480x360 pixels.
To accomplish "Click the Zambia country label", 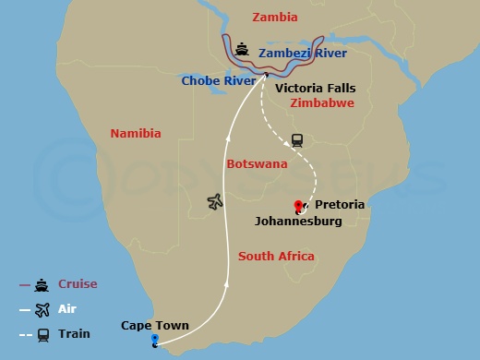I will (x=276, y=18).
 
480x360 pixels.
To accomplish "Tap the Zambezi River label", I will (x=303, y=54).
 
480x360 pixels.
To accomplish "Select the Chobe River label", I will (x=218, y=80).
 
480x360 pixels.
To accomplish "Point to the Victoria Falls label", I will (x=315, y=88).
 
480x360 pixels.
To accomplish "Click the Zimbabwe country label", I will (x=321, y=103).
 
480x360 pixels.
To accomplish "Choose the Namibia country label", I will (x=136, y=134).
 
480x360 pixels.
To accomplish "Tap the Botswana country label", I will (x=257, y=164).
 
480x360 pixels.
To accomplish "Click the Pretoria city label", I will (x=340, y=204).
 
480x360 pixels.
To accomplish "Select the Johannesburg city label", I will (x=298, y=222).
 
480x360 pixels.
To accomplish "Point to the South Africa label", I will (x=276, y=256).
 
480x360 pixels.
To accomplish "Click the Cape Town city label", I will (x=155, y=325).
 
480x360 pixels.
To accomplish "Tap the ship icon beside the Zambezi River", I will (x=242, y=49).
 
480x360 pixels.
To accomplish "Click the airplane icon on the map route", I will (x=215, y=201).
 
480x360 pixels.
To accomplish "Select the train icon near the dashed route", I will (x=297, y=140).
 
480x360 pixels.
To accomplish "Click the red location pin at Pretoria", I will (x=297, y=206).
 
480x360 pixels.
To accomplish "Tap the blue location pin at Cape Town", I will (x=154, y=341).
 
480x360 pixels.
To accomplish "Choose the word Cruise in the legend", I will (x=78, y=284).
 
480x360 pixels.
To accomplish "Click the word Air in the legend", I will (x=68, y=310).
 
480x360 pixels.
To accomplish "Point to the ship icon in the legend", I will (x=42, y=284).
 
